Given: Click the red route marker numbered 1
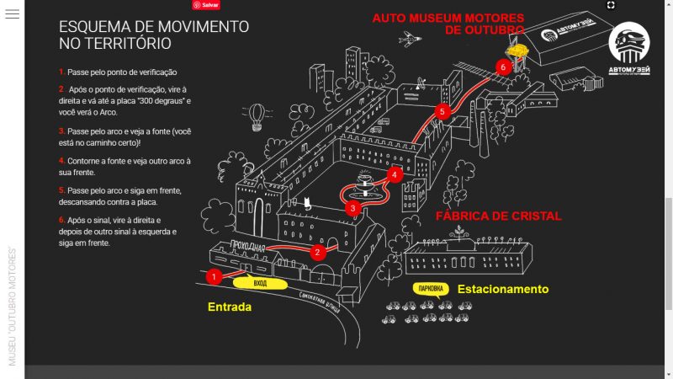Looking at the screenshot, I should pos(215,275).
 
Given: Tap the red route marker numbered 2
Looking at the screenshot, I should pos(318,251).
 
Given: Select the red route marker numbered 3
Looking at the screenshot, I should pos(353,207).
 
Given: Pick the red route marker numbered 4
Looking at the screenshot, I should pos(394,175).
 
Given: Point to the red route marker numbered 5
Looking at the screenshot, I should pos(442,111).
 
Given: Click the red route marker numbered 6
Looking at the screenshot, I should pos(503,66).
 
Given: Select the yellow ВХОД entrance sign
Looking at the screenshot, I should pos(260,284).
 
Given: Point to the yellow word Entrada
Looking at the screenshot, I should pos(230,307).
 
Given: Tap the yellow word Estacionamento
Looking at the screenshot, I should pos(503,290).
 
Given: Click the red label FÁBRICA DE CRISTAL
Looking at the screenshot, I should pos(499,216).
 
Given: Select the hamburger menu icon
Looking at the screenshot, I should pos(12,14).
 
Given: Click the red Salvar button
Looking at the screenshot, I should pos(206,4).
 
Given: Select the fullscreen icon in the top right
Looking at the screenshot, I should pos(612,5).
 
